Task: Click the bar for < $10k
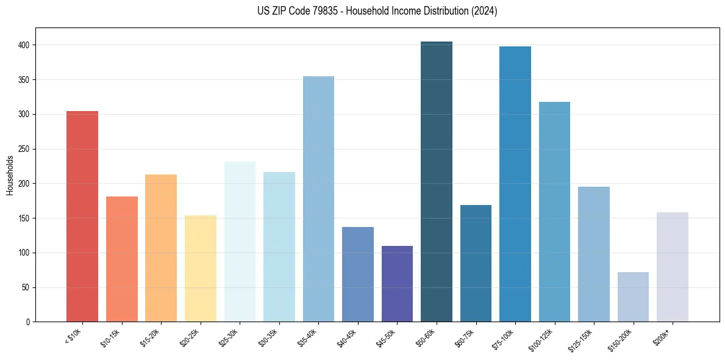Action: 82,217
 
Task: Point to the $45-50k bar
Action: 397,284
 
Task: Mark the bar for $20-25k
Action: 201,268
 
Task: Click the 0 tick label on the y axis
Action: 29,322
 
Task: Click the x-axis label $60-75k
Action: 465,337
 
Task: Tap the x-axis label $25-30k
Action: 229,337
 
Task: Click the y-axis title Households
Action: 10,175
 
